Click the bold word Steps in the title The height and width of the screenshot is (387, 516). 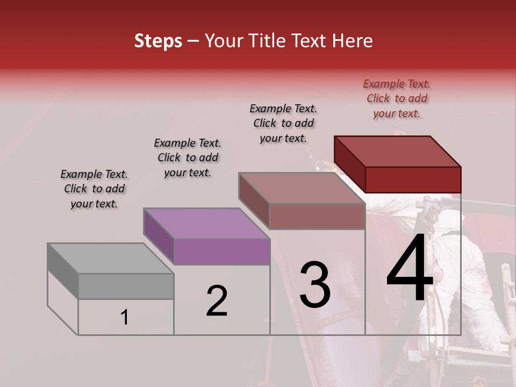coord(158,41)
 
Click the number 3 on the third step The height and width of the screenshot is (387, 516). coord(314,285)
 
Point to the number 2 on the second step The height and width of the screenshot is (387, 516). coord(217,300)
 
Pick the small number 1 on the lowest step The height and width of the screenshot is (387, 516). coord(125,318)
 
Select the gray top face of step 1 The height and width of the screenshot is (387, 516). coord(111,258)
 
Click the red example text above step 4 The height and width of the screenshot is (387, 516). coord(397,98)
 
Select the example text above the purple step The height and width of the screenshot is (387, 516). coord(188,157)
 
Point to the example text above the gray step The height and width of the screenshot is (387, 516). coord(94,189)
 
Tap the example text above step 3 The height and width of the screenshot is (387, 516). coord(283,123)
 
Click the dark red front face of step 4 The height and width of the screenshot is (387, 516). coord(413,180)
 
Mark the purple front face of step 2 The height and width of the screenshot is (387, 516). coord(221,252)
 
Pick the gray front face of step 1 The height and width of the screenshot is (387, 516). coord(126,286)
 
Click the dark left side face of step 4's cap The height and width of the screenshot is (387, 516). coord(349,163)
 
